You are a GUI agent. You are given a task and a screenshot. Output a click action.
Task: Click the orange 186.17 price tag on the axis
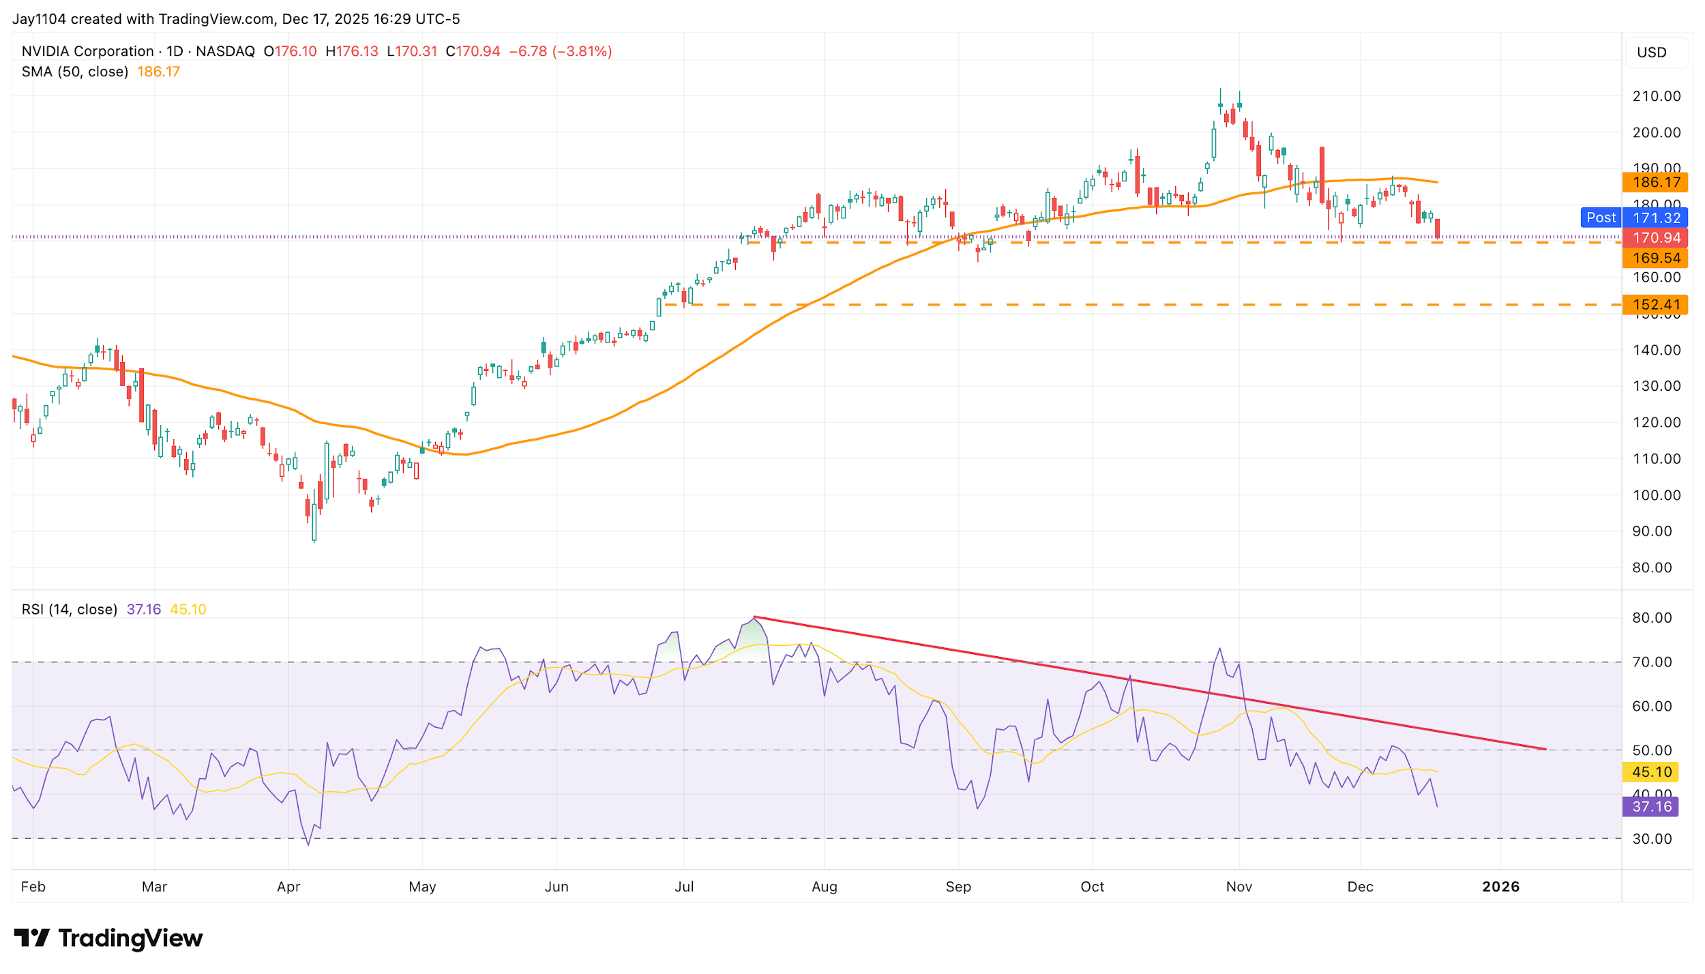coord(1655,182)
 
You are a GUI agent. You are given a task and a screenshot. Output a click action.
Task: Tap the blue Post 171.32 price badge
coord(1634,218)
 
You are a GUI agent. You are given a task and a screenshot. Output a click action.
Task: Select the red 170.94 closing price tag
coord(1655,238)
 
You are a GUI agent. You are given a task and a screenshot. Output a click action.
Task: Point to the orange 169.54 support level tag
coord(1655,258)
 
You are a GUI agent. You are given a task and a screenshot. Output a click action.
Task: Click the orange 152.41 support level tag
coord(1655,305)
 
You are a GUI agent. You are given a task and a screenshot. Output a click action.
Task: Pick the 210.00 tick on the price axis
coord(1656,96)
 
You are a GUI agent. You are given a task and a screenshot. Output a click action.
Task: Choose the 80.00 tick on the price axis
coord(1652,567)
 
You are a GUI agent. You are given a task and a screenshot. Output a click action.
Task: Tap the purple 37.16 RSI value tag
coord(1650,807)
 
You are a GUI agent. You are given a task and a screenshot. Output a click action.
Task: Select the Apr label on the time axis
coord(288,887)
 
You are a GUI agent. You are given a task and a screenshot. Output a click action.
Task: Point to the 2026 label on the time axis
coord(1500,887)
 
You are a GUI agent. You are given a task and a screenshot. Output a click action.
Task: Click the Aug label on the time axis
coord(824,887)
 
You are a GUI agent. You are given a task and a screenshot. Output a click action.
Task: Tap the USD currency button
coord(1652,53)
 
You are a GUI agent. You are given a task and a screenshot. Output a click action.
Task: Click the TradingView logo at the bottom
coord(108,939)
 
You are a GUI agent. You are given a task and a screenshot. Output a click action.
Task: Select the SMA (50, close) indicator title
coord(75,72)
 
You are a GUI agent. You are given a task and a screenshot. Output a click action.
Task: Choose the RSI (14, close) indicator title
coord(70,609)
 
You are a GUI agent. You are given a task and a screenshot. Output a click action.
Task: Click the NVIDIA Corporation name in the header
coord(87,51)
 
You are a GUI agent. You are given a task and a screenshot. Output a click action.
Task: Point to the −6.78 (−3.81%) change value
coord(561,51)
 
